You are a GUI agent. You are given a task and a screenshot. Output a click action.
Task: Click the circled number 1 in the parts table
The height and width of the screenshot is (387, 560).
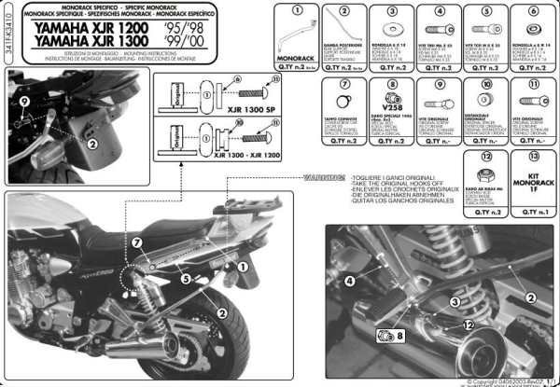pyautogui.click(x=298, y=11)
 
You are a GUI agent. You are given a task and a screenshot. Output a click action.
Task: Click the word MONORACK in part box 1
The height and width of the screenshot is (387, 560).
pyautogui.click(x=298, y=58)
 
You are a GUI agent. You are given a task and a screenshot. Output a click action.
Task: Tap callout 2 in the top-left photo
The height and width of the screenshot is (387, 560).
pyautogui.click(x=92, y=144)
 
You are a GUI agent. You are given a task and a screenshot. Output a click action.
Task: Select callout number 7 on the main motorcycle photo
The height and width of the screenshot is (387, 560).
pyautogui.click(x=137, y=243)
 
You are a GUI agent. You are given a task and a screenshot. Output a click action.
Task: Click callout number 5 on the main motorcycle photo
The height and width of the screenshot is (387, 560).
pyautogui.click(x=186, y=278)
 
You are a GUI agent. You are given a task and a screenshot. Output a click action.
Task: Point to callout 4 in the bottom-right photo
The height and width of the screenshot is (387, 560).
pyautogui.click(x=348, y=281)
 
